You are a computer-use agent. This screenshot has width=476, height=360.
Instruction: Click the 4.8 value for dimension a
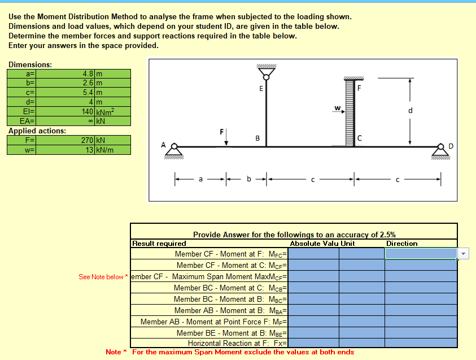[88, 73]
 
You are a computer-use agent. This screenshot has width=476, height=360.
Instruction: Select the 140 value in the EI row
[87, 111]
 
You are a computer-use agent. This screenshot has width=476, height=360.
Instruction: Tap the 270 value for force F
[87, 140]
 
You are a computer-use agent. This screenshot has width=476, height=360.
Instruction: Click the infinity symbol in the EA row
[90, 121]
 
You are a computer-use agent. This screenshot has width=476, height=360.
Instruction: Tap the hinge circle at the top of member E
[266, 77]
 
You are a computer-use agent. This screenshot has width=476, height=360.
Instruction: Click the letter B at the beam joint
[257, 138]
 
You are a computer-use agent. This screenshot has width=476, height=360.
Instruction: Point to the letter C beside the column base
[360, 138]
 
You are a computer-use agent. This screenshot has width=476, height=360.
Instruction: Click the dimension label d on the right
[411, 110]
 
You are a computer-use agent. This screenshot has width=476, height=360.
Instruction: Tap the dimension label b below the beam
[249, 179]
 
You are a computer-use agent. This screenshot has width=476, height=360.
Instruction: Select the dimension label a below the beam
[200, 179]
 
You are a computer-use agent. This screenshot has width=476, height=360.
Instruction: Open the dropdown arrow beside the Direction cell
[463, 254]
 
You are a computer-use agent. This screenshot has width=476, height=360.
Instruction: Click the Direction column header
[401, 244]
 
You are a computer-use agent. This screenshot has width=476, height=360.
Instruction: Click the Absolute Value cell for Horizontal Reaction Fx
[313, 343]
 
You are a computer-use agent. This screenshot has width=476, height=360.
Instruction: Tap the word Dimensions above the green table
[30, 64]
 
